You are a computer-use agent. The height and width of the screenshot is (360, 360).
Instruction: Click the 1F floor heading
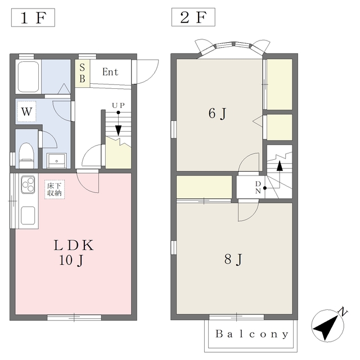point(33,17)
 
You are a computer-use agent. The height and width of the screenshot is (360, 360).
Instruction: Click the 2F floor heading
point(193,17)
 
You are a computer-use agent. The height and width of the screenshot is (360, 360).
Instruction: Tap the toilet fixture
point(26,155)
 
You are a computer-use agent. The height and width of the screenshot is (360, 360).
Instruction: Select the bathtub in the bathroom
point(28,76)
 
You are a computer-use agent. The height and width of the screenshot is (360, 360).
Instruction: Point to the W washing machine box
point(26,112)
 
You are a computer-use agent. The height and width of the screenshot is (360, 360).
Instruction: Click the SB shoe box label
point(82,73)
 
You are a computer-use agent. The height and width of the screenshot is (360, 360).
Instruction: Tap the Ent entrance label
point(110,72)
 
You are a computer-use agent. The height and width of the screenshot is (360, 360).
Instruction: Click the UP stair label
point(118,105)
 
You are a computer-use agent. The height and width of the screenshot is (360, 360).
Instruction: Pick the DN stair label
point(258,187)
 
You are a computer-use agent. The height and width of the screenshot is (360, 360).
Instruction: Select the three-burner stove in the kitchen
point(28,184)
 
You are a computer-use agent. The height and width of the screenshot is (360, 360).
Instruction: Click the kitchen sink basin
point(28,215)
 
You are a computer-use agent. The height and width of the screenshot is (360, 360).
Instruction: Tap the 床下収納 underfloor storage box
point(55,190)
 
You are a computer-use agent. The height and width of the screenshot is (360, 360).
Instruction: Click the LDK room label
point(74,245)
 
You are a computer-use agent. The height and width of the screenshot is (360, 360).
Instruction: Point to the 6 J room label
point(218,114)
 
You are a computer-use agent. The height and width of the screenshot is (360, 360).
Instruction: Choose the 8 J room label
point(233,259)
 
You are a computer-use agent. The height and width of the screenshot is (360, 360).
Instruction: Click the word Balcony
point(251,334)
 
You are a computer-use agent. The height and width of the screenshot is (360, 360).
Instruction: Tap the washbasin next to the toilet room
point(56,161)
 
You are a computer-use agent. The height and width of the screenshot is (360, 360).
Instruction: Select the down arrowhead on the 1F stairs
point(118,130)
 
